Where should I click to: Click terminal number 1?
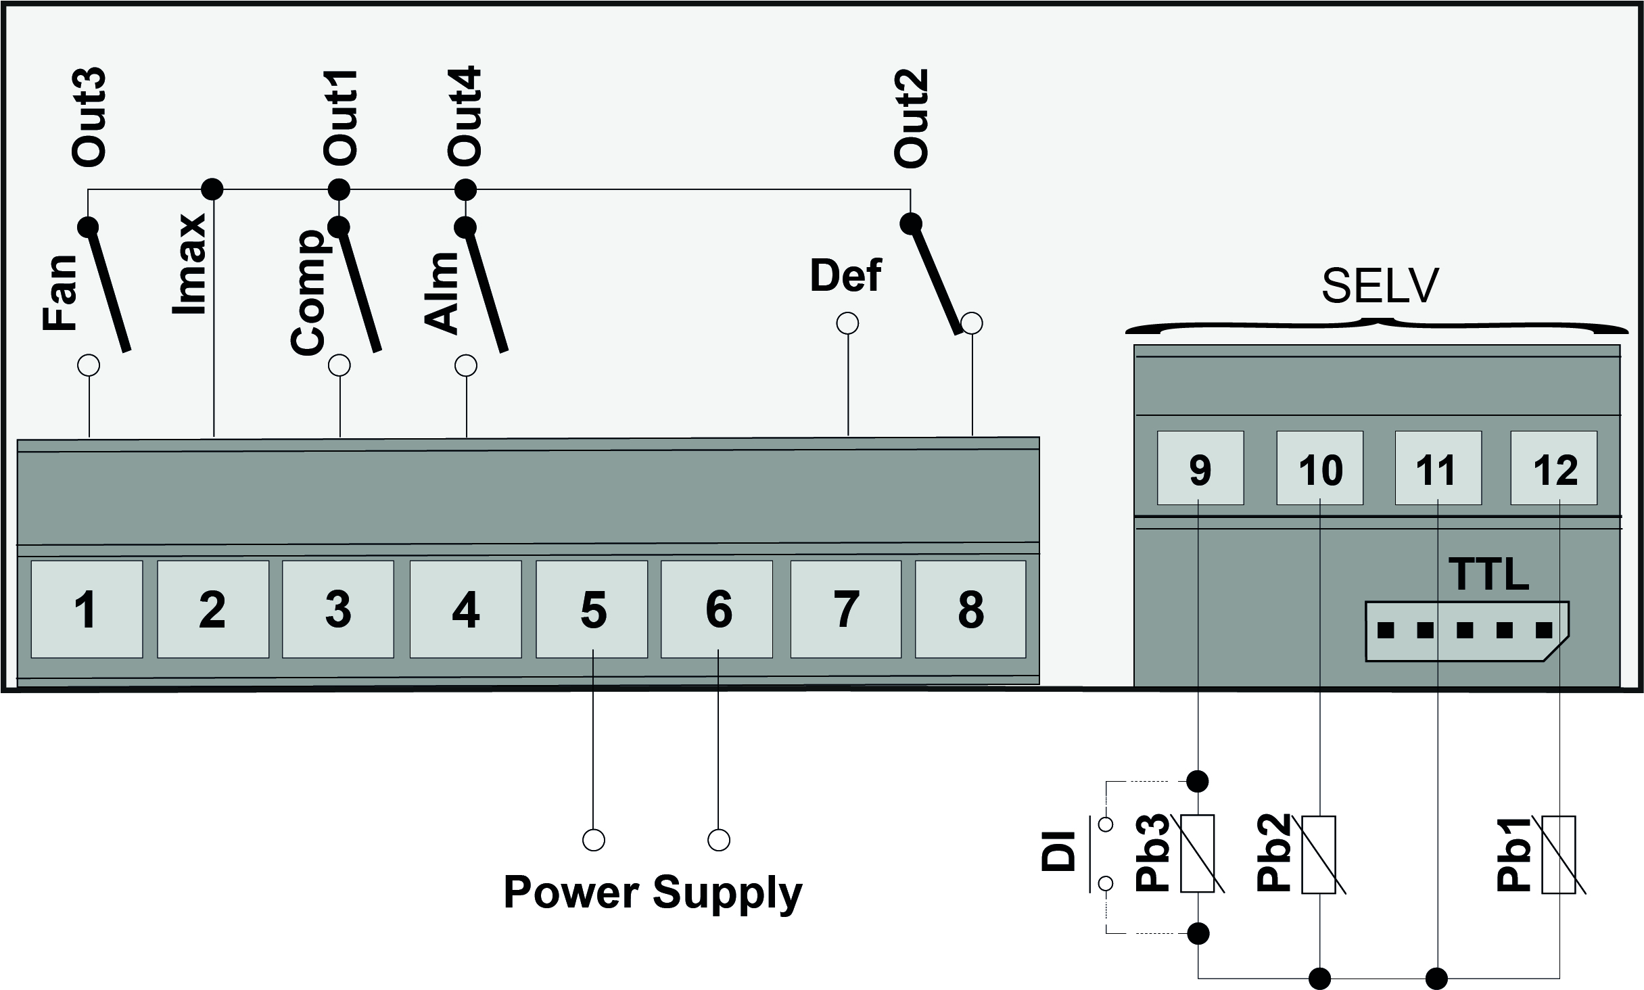coord(87,609)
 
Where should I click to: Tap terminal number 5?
coord(592,609)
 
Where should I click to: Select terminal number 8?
coord(970,609)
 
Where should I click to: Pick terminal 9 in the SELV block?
coord(1200,469)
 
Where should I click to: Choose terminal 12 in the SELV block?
coord(1555,469)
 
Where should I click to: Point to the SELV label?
coord(1380,286)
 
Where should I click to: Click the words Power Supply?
coord(653,893)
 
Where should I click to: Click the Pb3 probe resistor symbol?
coord(1198,853)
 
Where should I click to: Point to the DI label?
coord(1059,851)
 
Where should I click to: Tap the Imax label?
coord(190,264)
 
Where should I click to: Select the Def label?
coord(845,276)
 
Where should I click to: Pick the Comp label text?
coord(308,292)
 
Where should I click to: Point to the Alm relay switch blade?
coord(486,288)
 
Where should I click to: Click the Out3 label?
coord(89,116)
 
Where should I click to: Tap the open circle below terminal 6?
coord(718,840)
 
